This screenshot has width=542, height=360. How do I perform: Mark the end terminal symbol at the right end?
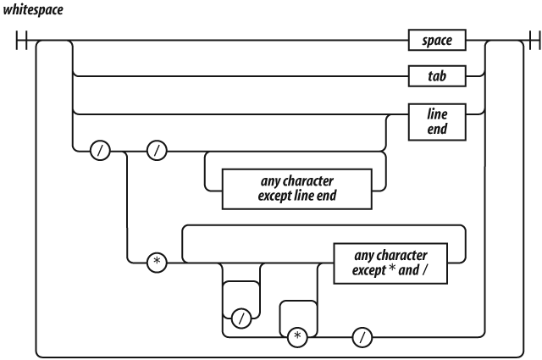pos(533,40)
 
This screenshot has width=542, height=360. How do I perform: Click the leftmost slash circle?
pos(102,152)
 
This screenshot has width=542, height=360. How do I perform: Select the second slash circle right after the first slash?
pos(158,152)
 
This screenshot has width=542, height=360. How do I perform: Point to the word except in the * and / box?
pos(357,269)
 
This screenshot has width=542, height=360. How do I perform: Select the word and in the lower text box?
pos(404,269)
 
